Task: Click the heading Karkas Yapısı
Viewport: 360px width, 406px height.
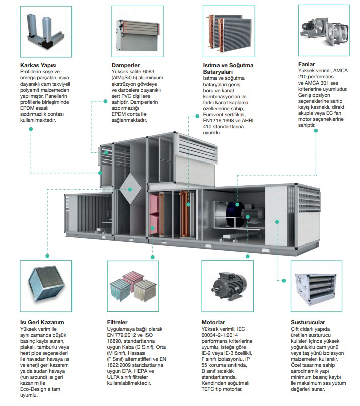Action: tap(38, 65)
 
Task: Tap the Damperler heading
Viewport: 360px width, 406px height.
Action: tap(126, 65)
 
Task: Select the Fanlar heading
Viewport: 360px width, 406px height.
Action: tap(306, 64)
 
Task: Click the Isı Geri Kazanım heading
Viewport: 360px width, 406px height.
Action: tap(42, 322)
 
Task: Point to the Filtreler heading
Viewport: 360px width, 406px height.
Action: tap(117, 322)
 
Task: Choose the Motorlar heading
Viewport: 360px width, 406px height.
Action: tap(213, 322)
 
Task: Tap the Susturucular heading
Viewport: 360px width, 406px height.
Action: tap(308, 322)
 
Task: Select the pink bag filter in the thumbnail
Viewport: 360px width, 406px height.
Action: tap(132, 278)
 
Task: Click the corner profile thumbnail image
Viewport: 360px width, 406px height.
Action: tap(46, 32)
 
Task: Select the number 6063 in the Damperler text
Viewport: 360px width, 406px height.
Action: tap(148, 72)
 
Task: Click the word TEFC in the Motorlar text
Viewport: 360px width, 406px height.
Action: tap(208, 389)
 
